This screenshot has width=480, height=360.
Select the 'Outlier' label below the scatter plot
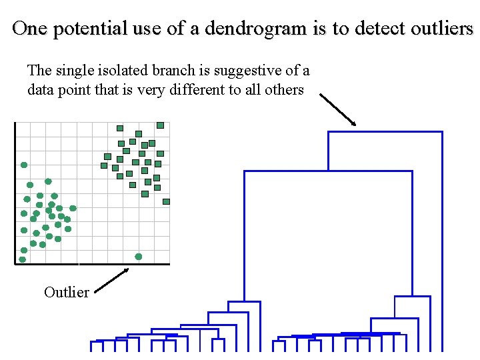point(66,292)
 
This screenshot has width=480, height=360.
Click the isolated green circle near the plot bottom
point(139,257)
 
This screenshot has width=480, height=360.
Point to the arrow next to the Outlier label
point(111,279)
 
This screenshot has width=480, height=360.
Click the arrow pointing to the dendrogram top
point(338,109)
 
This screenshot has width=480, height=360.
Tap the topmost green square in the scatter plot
point(160,125)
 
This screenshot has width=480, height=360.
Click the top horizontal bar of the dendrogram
point(385,131)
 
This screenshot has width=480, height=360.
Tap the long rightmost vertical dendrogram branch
point(441,240)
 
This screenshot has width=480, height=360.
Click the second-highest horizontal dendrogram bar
point(328,171)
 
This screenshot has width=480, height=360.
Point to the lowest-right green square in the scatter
point(166,201)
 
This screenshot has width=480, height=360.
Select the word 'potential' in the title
point(80,29)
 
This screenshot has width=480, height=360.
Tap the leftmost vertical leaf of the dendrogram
point(92,346)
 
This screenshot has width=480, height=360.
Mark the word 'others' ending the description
point(285,89)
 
